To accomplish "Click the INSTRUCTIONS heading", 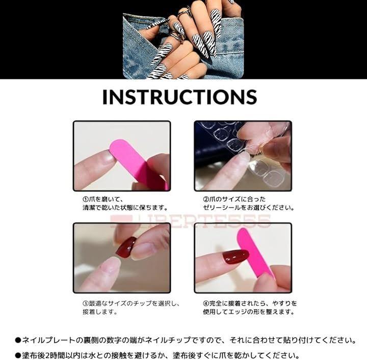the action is [180, 97].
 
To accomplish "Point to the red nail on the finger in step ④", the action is [235, 256].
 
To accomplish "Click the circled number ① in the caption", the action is [86, 200].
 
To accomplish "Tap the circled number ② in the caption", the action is [206, 200].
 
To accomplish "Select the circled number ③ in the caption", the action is [86, 303].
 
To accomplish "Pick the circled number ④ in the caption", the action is [206, 303].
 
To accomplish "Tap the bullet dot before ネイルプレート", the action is [18, 340].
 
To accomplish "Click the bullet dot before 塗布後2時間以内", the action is [18, 356].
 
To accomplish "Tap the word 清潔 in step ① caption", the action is [89, 208].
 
